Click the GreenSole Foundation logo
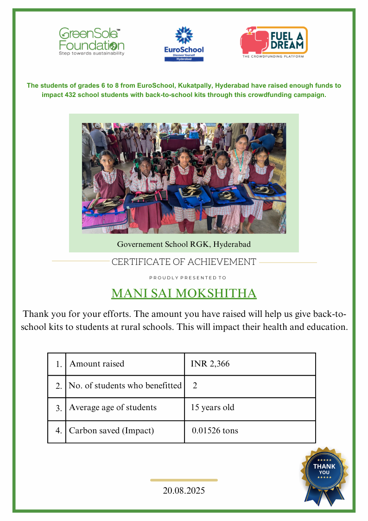91,42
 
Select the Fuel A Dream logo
273,42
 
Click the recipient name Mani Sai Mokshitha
184,294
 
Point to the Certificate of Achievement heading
184,262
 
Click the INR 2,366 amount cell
210,364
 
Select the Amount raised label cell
97,364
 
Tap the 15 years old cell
212,408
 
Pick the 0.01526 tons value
215,431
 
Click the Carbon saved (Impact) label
111,431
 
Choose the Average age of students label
113,408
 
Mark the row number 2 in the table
58,386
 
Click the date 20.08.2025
184,490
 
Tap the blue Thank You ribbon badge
324,474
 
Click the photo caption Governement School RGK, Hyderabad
184,244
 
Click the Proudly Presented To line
188,278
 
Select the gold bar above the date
184,480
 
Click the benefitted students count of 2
195,386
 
